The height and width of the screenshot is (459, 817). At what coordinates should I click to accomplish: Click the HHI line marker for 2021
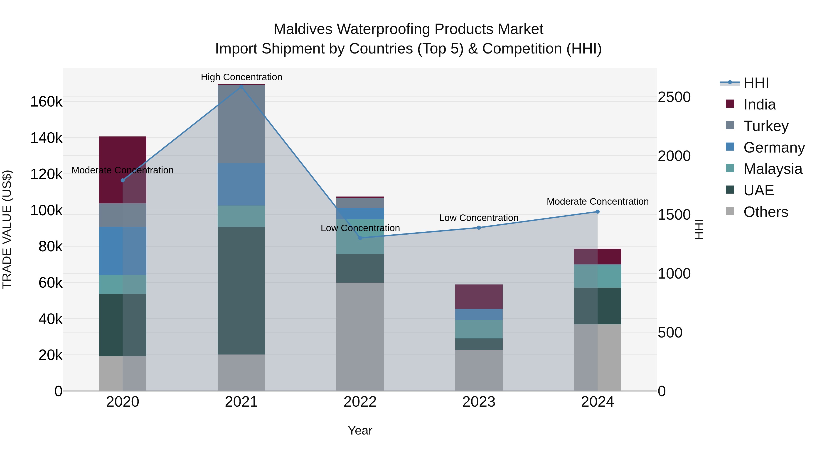click(x=241, y=86)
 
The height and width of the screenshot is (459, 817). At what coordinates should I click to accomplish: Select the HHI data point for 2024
click(x=598, y=212)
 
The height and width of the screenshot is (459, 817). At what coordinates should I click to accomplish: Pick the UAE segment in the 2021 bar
click(x=241, y=291)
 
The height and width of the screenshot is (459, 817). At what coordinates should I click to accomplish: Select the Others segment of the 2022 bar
click(x=360, y=336)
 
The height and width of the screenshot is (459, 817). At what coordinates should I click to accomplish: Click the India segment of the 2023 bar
click(x=479, y=296)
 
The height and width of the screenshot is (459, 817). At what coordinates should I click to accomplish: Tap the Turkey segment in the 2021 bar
click(x=241, y=124)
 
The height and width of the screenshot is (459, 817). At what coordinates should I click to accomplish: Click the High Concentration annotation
click(x=241, y=77)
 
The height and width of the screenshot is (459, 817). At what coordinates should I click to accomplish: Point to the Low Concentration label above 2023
click(x=479, y=218)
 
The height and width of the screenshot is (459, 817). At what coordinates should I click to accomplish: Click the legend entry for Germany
click(x=774, y=148)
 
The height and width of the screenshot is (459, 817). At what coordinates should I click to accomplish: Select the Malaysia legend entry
click(x=773, y=169)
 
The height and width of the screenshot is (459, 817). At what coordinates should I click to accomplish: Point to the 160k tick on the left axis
click(x=46, y=102)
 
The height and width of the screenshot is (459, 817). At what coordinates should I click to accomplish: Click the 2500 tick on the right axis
click(x=674, y=97)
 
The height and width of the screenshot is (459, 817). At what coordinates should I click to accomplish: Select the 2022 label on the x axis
click(x=360, y=402)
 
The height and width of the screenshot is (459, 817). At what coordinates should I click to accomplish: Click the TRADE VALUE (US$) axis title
click(x=7, y=229)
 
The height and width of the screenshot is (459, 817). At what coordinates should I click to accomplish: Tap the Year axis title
click(x=360, y=430)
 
